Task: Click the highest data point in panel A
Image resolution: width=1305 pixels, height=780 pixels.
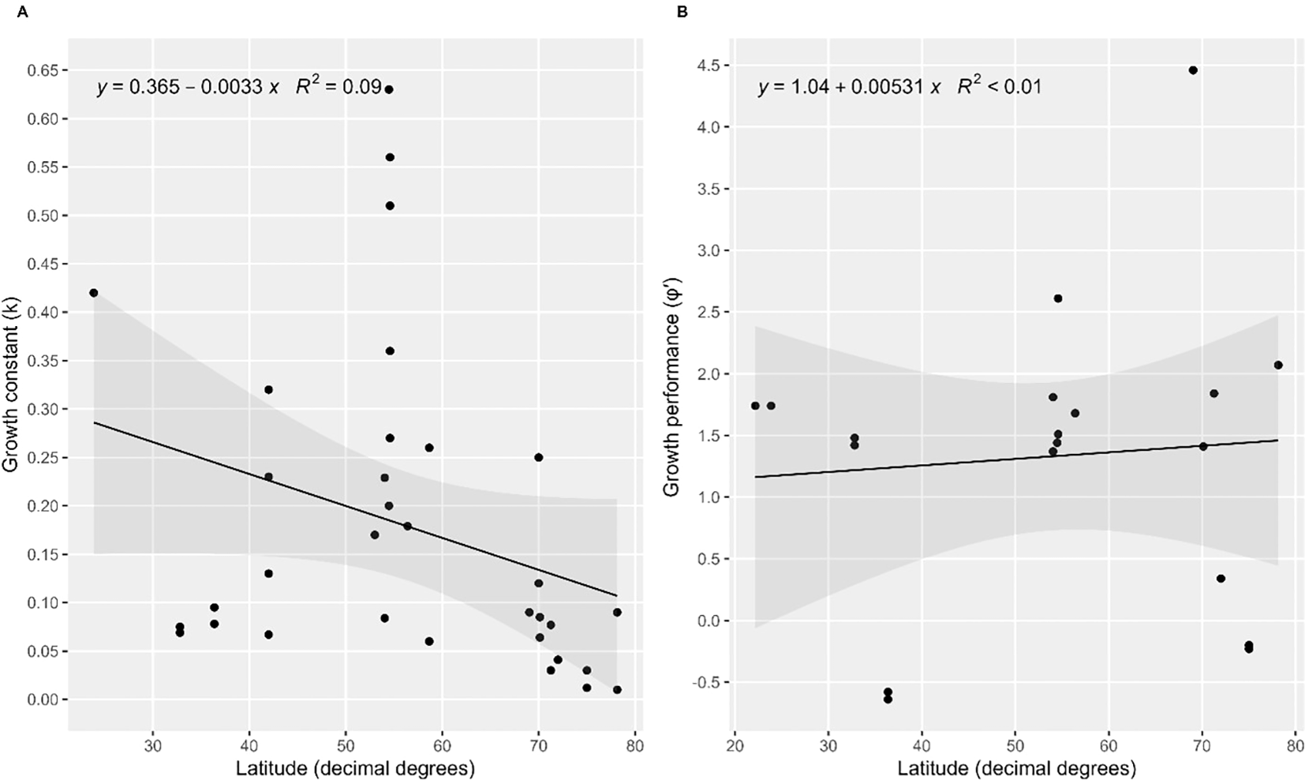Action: (x=389, y=89)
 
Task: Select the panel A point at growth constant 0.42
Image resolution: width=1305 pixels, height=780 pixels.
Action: (x=94, y=293)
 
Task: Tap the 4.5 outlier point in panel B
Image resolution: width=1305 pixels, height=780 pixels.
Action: (x=1193, y=70)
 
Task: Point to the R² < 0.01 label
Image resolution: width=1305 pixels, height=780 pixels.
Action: (x=999, y=87)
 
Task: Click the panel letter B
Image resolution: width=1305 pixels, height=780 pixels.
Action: (x=682, y=11)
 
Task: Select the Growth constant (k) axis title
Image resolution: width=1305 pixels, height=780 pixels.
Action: (x=11, y=384)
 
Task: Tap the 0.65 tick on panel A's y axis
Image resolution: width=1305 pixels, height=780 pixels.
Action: (x=44, y=71)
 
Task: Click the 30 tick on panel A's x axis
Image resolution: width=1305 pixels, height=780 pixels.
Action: (x=153, y=747)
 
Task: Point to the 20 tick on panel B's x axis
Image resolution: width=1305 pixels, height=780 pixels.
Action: (x=735, y=747)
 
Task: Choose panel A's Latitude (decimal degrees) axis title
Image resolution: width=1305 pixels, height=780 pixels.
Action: (x=355, y=767)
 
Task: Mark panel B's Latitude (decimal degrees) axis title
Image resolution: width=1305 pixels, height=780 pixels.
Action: (x=1016, y=767)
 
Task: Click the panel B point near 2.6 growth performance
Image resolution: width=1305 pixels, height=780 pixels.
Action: (x=1058, y=298)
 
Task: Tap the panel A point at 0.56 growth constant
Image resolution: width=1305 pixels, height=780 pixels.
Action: (x=390, y=157)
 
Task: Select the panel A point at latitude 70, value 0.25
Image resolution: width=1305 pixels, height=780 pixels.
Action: (x=539, y=457)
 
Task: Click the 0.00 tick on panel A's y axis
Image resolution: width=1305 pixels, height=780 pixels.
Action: (x=44, y=700)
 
